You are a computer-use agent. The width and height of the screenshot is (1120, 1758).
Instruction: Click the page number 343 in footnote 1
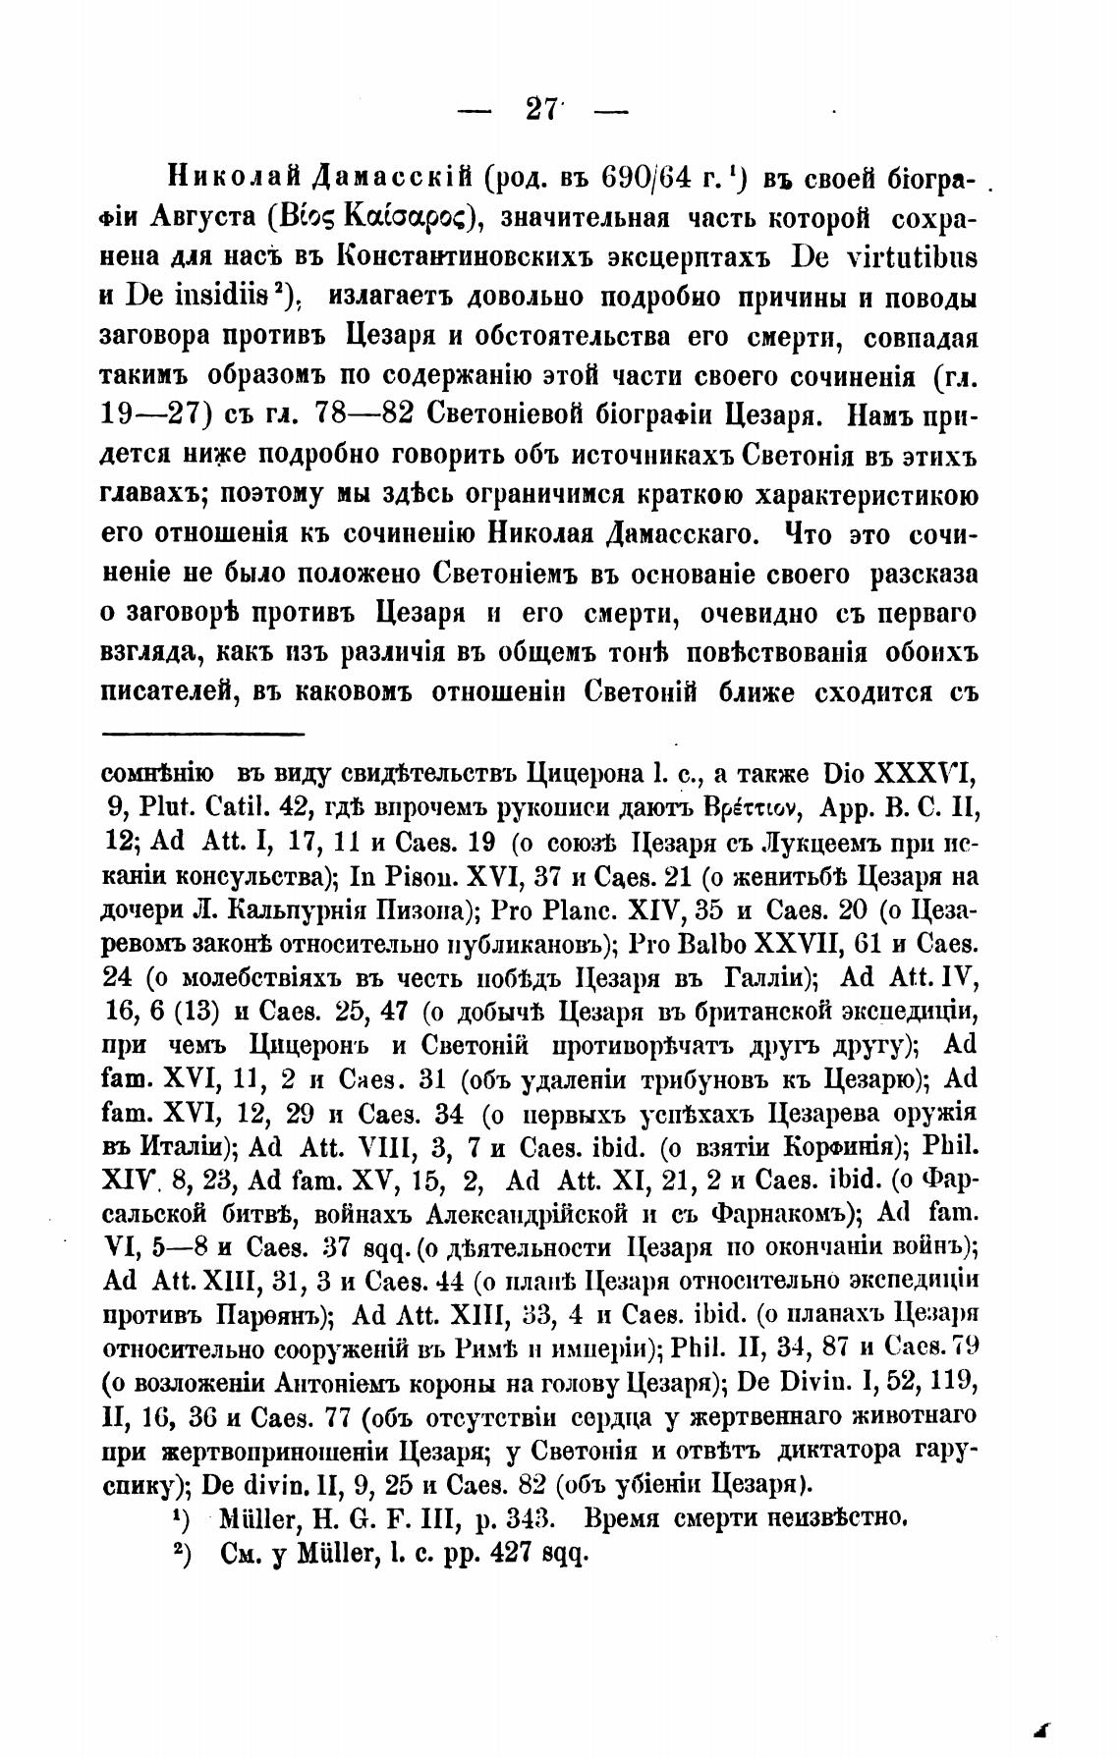pyautogui.click(x=532, y=1518)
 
